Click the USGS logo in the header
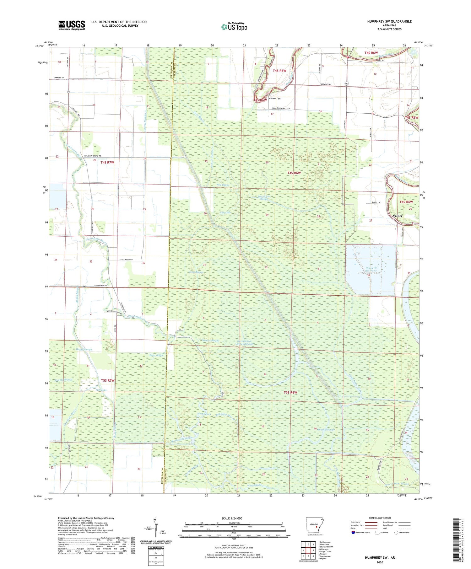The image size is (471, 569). (72, 25)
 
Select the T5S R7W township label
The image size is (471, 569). (108, 380)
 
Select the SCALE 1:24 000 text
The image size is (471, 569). (234, 518)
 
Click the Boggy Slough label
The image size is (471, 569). (84, 349)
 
